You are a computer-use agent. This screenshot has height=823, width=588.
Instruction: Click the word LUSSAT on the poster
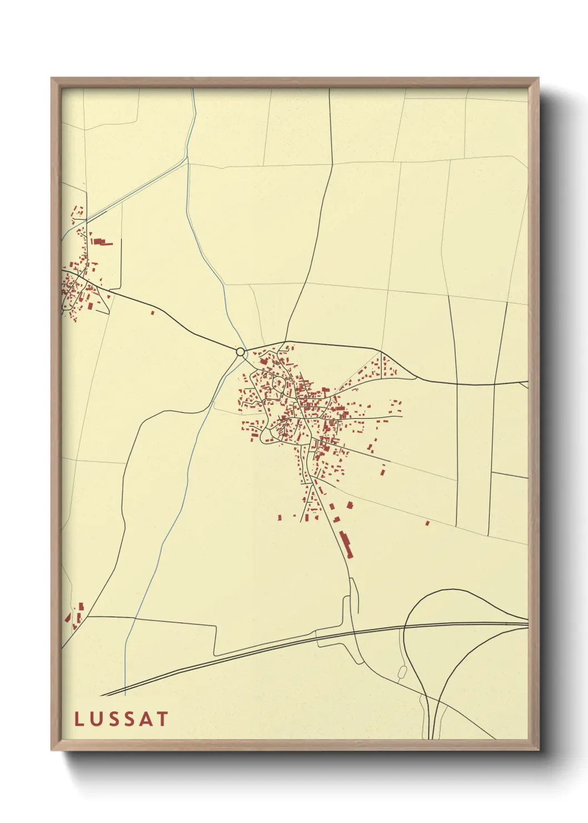pos(121,719)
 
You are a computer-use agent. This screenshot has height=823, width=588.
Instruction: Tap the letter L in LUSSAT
pos(79,719)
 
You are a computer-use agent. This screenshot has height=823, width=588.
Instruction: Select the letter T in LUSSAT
pos(162,719)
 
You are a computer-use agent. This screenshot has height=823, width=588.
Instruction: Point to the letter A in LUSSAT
pos(146,719)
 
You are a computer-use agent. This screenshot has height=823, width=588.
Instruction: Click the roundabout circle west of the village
pos(241,352)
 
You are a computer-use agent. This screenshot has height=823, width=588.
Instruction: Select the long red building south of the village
pos(346,544)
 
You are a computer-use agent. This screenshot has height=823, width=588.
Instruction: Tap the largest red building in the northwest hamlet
pos(99,242)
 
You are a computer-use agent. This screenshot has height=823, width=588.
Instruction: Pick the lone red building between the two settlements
pos(152,313)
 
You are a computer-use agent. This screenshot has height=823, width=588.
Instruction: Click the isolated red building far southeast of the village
pos(427,523)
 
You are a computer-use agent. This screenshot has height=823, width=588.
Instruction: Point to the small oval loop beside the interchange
pos(402,673)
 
